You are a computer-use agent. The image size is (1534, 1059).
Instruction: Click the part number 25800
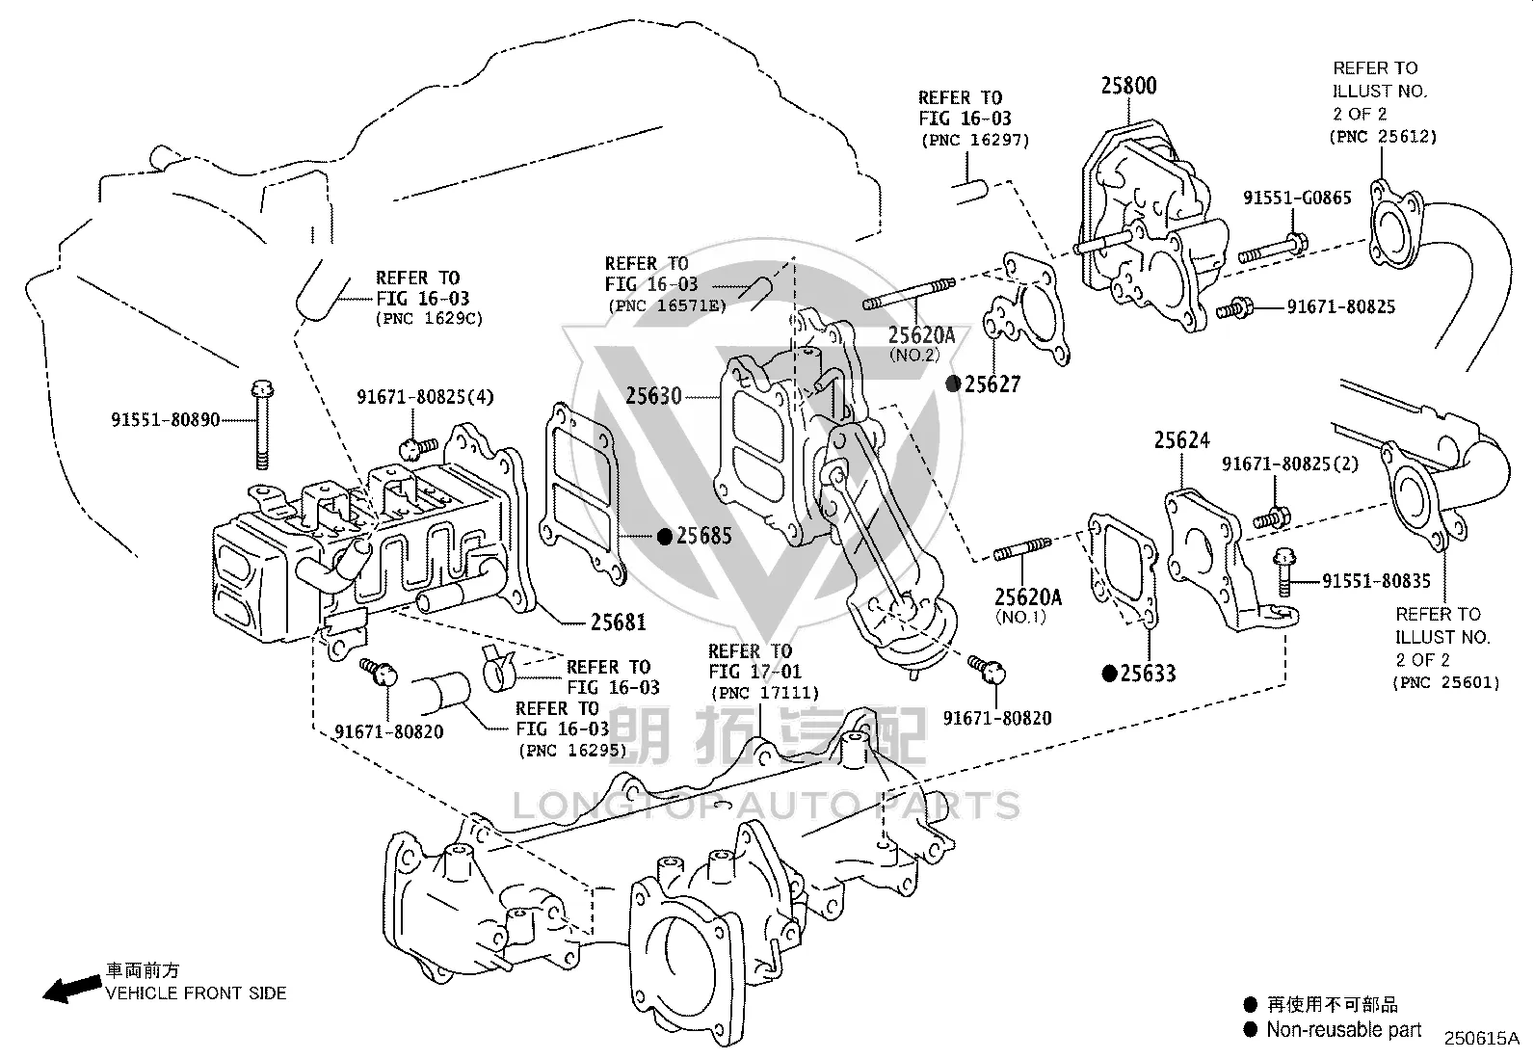pyautogui.click(x=1128, y=86)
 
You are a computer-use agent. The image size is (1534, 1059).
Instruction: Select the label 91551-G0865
pyautogui.click(x=1297, y=198)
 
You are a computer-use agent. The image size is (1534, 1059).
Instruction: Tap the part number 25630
pyautogui.click(x=653, y=396)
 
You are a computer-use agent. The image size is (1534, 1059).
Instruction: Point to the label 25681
pyautogui.click(x=619, y=622)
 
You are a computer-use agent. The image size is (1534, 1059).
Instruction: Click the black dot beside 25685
pyautogui.click(x=664, y=537)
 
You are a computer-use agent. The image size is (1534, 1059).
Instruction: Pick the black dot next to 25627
pyautogui.click(x=953, y=384)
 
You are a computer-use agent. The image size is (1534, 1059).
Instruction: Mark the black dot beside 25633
pyautogui.click(x=1109, y=674)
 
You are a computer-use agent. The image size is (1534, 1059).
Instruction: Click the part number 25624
pyautogui.click(x=1182, y=440)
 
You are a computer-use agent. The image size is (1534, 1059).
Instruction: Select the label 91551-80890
pyautogui.click(x=165, y=419)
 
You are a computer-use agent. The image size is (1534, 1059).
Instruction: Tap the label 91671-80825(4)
pyautogui.click(x=425, y=397)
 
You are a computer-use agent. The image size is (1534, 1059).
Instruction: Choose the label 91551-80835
pyautogui.click(x=1376, y=581)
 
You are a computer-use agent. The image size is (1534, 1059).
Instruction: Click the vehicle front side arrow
pyautogui.click(x=72, y=989)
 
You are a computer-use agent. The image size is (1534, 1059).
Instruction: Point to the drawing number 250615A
pyautogui.click(x=1482, y=1039)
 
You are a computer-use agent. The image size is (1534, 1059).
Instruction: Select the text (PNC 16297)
pyautogui.click(x=975, y=141)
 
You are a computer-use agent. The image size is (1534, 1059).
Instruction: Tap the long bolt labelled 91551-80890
pyautogui.click(x=262, y=425)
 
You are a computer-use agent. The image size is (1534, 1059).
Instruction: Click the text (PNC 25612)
pyautogui.click(x=1384, y=137)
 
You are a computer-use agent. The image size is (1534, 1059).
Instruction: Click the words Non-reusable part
pyautogui.click(x=1343, y=1029)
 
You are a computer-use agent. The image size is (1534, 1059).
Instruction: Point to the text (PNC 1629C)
pyautogui.click(x=430, y=319)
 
